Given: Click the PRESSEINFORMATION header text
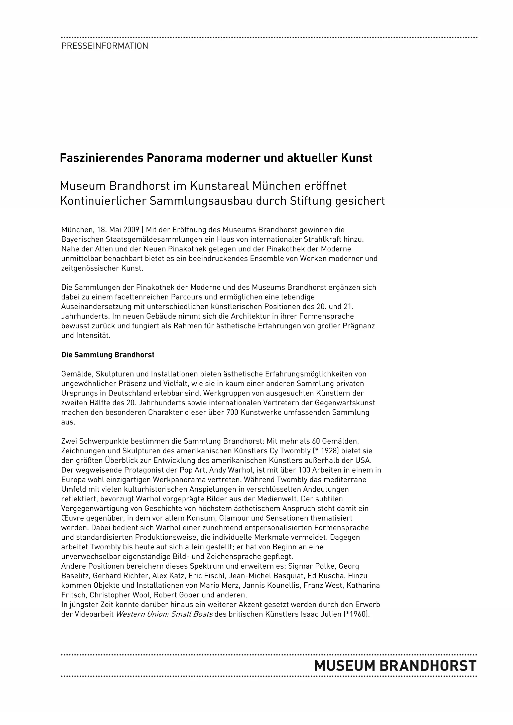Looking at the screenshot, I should click(x=105, y=46).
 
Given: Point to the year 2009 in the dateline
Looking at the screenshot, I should click(x=131, y=230).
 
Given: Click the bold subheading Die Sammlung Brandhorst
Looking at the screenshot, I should click(x=108, y=355).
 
